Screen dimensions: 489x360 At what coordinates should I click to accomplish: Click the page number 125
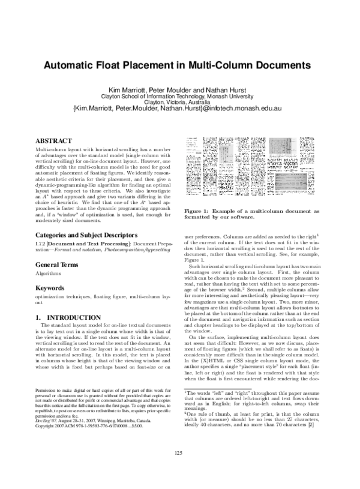click(x=179, y=469)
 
